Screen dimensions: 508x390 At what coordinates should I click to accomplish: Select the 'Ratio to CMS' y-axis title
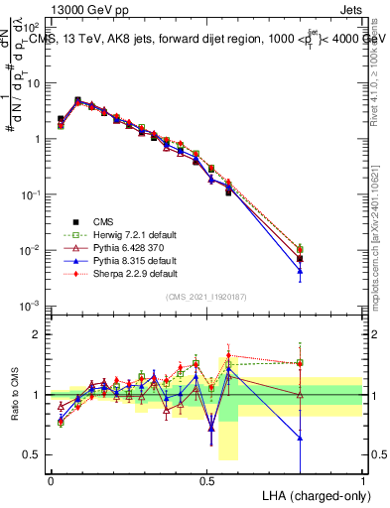click(14, 395)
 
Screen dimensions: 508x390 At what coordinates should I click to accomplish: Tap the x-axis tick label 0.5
click(206, 480)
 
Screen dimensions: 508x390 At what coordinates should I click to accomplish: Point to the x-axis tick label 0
click(51, 480)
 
